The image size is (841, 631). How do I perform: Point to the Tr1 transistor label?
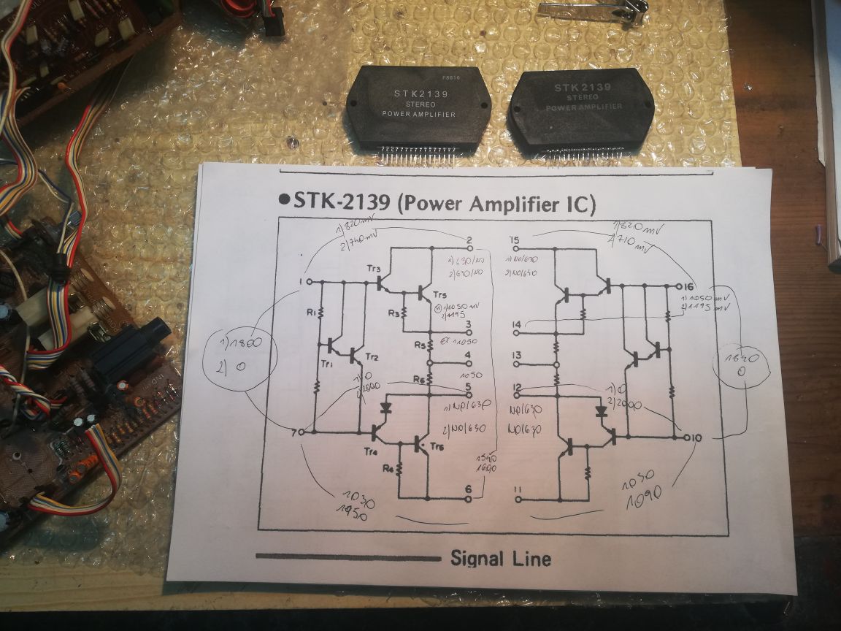pyautogui.click(x=327, y=363)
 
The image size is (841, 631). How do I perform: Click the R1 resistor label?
pyautogui.click(x=311, y=313)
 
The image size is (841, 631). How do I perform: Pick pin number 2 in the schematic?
pyautogui.click(x=469, y=240)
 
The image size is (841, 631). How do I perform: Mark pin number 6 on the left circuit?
pyautogui.click(x=469, y=490)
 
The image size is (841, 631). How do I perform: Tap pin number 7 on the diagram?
pyautogui.click(x=294, y=432)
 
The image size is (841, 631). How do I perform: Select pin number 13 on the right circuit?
pyautogui.click(x=517, y=356)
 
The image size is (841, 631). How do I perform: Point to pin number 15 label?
pyautogui.click(x=515, y=240)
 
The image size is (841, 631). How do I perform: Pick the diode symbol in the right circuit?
pyautogui.click(x=601, y=411)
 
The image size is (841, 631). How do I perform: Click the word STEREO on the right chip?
pyautogui.click(x=581, y=97)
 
